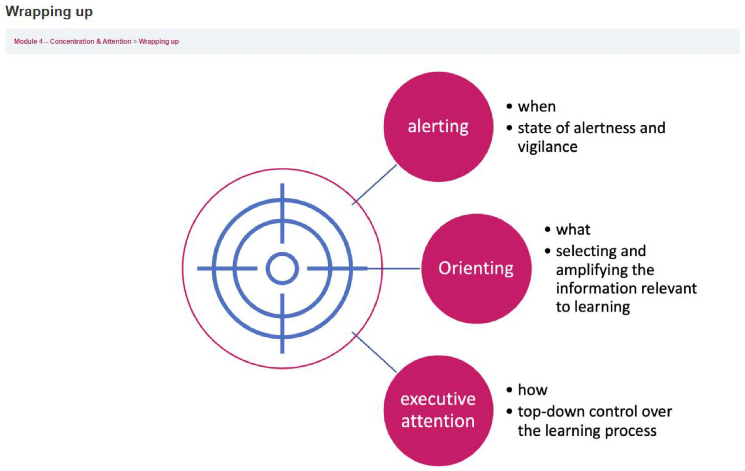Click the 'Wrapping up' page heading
click(49, 12)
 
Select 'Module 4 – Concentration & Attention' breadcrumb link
click(73, 41)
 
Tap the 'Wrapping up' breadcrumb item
click(159, 41)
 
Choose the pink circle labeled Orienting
click(476, 268)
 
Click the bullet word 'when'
click(537, 106)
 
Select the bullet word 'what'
click(573, 230)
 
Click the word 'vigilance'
click(548, 147)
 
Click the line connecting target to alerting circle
click(374, 185)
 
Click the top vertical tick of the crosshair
click(282, 214)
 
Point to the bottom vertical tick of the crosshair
click(282, 324)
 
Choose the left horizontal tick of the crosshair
click(227, 268)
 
